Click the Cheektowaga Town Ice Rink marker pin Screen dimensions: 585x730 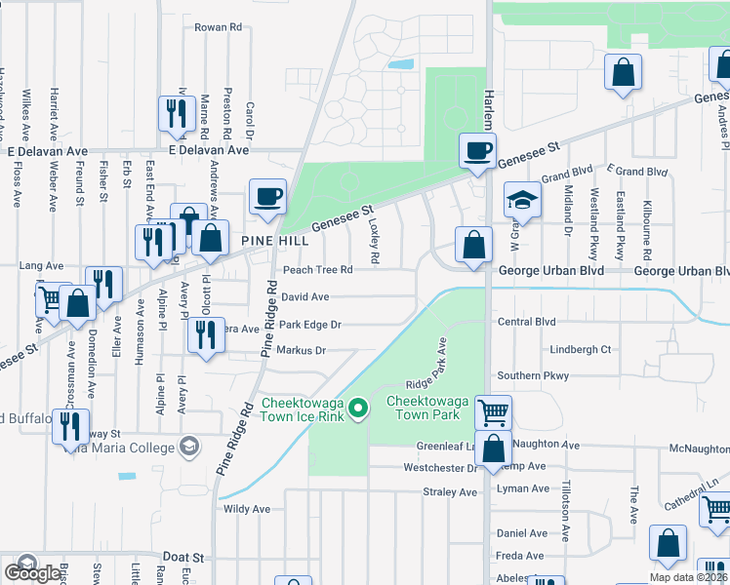(358, 409)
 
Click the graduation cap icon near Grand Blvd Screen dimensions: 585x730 (522, 201)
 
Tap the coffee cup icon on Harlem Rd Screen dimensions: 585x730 (477, 151)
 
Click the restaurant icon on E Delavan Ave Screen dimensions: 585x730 (176, 113)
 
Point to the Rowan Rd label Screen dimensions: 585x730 (218, 28)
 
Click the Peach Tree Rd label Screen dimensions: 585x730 (317, 270)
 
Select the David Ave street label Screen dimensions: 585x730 (304, 296)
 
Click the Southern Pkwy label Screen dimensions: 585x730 (532, 375)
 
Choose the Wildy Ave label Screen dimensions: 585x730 (247, 509)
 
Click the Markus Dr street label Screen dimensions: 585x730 (301, 350)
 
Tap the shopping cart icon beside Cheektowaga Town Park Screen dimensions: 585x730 (494, 412)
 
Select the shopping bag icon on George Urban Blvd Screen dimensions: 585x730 (473, 245)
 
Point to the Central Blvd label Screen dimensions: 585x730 (526, 322)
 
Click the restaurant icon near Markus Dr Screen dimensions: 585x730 (205, 335)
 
